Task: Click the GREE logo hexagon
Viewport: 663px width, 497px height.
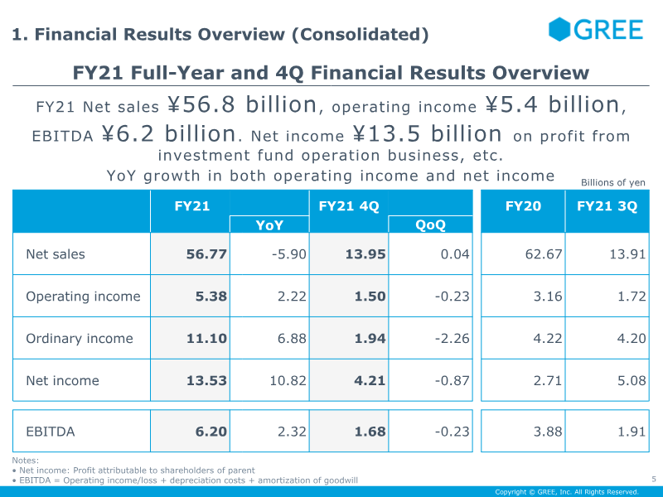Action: point(559,29)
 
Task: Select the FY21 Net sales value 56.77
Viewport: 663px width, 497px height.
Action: point(206,254)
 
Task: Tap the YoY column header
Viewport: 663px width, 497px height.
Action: point(269,224)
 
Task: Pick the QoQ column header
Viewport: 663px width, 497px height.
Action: point(430,224)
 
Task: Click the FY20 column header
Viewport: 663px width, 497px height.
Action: point(523,205)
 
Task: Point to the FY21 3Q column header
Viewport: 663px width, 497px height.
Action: point(607,205)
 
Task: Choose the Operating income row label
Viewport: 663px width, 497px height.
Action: point(83,297)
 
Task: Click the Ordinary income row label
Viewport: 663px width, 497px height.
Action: point(80,339)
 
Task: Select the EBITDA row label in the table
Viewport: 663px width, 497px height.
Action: point(51,432)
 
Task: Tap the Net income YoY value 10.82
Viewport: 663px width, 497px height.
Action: point(288,381)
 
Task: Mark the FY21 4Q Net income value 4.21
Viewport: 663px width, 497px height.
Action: point(370,381)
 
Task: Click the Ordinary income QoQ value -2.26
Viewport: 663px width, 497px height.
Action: point(452,339)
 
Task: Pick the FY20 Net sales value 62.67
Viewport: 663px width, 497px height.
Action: point(544,254)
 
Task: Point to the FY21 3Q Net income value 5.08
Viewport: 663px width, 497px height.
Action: point(632,381)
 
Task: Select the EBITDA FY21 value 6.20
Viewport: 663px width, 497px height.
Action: point(211,432)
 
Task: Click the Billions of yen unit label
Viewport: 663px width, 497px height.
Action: point(613,182)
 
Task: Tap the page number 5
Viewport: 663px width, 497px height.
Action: point(654,480)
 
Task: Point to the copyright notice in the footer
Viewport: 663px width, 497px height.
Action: point(567,492)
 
